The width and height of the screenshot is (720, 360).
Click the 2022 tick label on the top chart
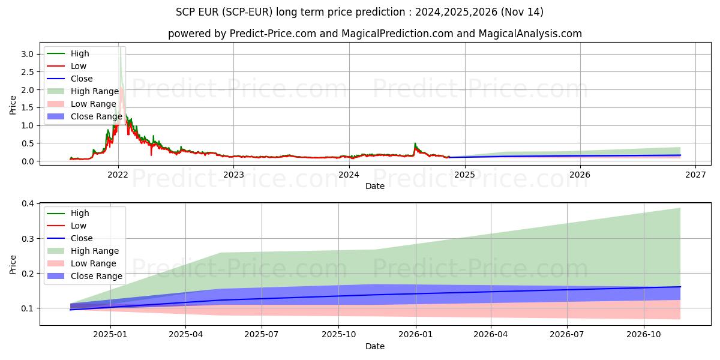(118, 175)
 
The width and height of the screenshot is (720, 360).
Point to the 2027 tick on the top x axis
(695, 175)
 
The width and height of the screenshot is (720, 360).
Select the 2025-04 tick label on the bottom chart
(185, 334)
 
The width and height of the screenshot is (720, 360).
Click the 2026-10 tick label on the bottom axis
(644, 334)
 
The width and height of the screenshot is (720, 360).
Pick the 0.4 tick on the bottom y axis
(28, 204)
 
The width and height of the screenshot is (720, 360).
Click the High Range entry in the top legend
(94, 91)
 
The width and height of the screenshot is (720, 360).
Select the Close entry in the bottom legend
(82, 238)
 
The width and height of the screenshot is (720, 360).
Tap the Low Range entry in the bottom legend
(93, 263)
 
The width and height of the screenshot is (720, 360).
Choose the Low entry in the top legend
(79, 66)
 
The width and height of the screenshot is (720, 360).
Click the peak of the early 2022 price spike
(121, 48)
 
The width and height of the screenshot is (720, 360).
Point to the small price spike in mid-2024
(415, 143)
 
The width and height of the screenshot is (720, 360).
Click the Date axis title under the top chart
(375, 186)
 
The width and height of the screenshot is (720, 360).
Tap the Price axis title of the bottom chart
(13, 264)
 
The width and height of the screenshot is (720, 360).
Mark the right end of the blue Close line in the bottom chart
(680, 287)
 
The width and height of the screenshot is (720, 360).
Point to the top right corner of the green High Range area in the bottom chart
(680, 208)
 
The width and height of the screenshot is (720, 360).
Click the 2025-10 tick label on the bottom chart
(338, 334)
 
